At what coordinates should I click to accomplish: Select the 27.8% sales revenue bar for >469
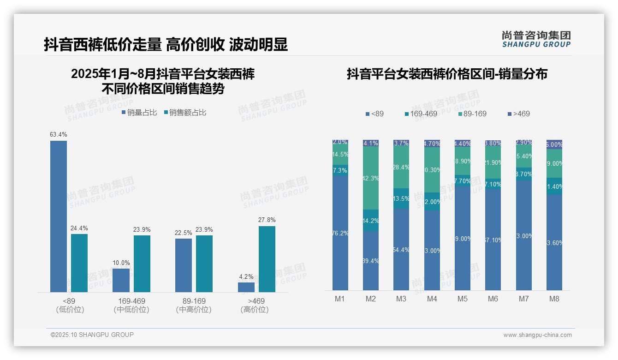pos(267,259)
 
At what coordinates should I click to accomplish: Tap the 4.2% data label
pos(246,277)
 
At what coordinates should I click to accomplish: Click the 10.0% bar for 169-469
pos(121,280)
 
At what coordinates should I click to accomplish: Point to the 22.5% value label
pos(184,233)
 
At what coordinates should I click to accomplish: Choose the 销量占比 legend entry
pos(139,113)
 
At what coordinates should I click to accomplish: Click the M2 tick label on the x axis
pos(371,299)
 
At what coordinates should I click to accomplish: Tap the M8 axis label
pos(554,299)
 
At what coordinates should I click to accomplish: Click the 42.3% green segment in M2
pos(371,178)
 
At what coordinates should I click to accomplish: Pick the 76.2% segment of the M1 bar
pos(340,233)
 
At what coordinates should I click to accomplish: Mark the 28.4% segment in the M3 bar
pos(401,168)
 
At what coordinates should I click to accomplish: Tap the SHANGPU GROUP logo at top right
pos(536,39)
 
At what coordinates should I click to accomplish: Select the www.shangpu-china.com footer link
pos(537,335)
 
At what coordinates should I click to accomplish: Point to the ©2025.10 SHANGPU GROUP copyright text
pos(92,335)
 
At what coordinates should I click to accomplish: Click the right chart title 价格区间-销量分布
pos(447,74)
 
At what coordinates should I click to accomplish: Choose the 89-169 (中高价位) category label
pos(194,305)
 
